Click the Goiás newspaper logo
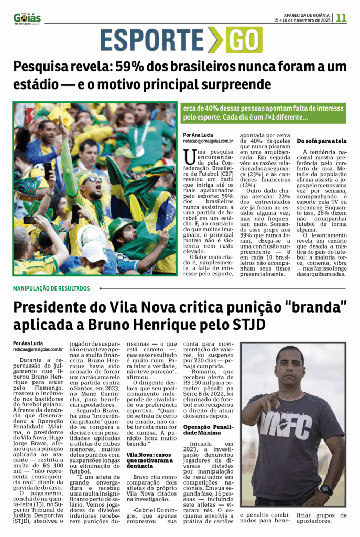(x=27, y=18)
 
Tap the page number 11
(x=341, y=17)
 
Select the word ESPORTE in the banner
(x=152, y=40)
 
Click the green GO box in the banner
(x=244, y=40)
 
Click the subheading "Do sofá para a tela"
(x=321, y=141)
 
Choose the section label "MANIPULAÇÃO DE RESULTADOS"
(x=51, y=288)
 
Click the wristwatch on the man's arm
(x=326, y=490)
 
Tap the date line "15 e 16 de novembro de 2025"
(x=302, y=20)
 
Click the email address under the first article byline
(x=208, y=141)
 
